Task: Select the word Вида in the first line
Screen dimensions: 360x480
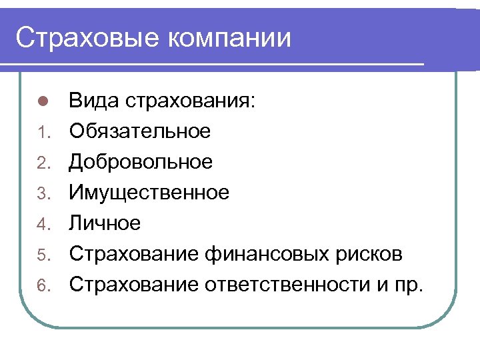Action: tap(92, 101)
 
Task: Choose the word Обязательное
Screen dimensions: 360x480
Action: tap(140, 131)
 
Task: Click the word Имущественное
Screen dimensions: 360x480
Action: tap(149, 193)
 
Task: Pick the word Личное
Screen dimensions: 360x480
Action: tap(105, 223)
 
